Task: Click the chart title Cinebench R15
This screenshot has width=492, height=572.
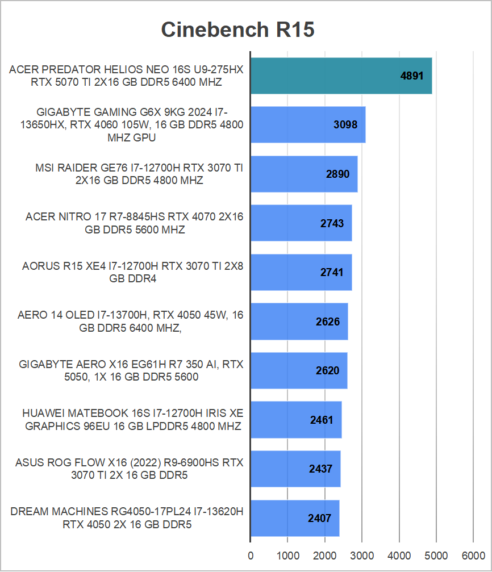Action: coord(237,29)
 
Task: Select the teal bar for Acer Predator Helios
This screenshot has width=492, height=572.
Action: coord(341,76)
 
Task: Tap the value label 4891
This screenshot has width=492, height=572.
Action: coord(412,76)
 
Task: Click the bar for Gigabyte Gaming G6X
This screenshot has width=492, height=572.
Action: coord(307,124)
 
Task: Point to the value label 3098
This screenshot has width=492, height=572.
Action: coord(345,124)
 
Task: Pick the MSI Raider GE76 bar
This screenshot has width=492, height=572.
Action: coord(303,174)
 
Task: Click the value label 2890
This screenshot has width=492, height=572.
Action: coord(337,174)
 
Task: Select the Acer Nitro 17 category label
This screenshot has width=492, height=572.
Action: coord(134,223)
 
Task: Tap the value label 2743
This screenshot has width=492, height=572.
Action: coord(332,223)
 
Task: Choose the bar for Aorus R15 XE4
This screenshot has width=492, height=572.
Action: coord(301,272)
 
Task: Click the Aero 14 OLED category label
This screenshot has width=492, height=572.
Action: coord(130,322)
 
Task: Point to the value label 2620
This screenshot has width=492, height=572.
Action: coord(327,371)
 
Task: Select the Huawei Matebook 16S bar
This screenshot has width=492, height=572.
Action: coord(295,420)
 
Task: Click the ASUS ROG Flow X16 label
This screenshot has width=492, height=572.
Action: coord(129,469)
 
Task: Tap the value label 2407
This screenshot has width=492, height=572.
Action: coord(319,518)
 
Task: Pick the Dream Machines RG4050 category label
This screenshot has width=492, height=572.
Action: coord(127,518)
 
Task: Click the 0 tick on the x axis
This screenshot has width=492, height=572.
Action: coord(250,554)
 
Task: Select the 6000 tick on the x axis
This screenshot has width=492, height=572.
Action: coord(473,554)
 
